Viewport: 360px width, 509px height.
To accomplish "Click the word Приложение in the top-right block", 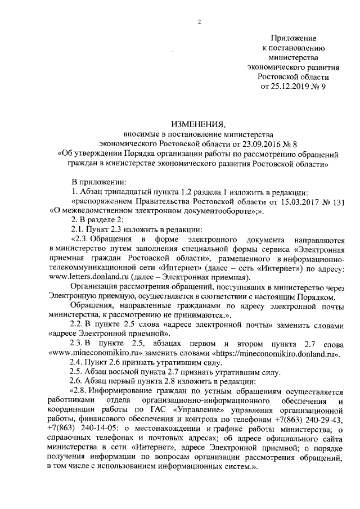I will coord(294,38).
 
